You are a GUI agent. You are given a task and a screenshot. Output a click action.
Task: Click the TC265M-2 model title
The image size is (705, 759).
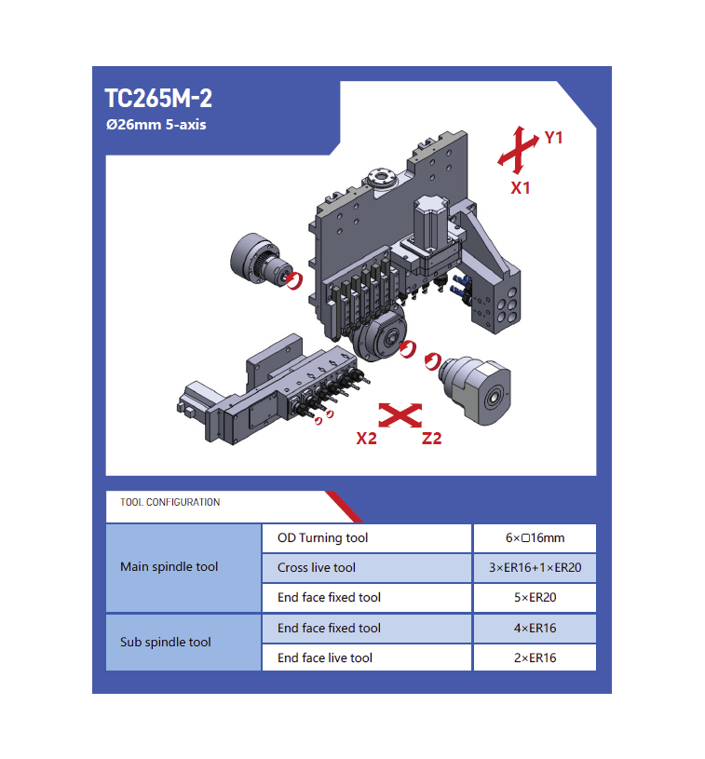[158, 99]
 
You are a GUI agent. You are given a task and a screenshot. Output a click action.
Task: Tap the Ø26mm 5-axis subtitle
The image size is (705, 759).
[156, 125]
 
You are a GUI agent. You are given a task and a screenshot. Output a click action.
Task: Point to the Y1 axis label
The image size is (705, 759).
[553, 138]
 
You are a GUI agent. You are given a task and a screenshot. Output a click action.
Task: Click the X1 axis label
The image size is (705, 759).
[521, 188]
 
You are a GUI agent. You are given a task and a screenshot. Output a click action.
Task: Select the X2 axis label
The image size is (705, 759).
[366, 438]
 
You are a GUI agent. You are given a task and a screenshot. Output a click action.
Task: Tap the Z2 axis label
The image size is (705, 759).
[431, 438]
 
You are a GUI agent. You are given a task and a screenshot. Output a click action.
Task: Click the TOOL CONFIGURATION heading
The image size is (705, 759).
[169, 502]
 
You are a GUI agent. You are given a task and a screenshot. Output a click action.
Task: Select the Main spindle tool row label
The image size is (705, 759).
[169, 566]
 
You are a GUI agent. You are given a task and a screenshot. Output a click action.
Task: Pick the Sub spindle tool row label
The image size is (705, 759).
[165, 642]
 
